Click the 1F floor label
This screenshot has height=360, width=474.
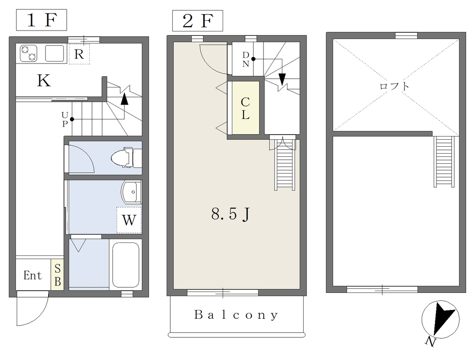click(x=41, y=20)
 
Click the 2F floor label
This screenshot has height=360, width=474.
click(x=198, y=21)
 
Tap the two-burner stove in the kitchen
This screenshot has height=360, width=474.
click(x=29, y=53)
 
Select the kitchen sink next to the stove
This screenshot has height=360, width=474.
click(x=55, y=53)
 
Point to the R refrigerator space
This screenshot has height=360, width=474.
click(x=79, y=54)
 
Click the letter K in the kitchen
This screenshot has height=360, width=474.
click(x=44, y=81)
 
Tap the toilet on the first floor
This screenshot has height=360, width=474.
click(x=126, y=157)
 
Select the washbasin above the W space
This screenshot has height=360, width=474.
click(x=131, y=192)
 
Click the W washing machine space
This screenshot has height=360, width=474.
click(x=129, y=220)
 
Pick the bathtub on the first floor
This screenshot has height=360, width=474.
click(x=126, y=265)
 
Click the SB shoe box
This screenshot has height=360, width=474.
click(x=57, y=275)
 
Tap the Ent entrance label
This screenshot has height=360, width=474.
click(x=33, y=275)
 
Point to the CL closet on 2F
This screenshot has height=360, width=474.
click(x=245, y=108)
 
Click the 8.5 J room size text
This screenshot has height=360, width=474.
click(x=231, y=214)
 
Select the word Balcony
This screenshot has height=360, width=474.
click(x=236, y=315)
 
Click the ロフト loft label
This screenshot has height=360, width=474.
click(x=394, y=87)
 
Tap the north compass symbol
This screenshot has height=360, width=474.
click(x=441, y=320)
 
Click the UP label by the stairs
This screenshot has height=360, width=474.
click(x=65, y=119)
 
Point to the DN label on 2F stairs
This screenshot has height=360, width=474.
click(x=246, y=59)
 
